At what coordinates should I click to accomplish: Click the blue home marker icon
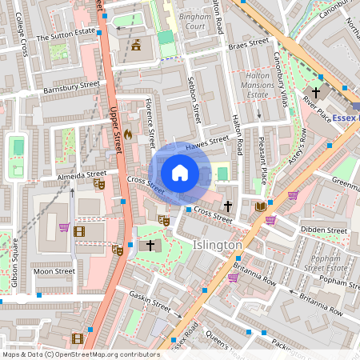tap(180, 173)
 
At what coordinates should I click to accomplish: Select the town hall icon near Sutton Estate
tap(136, 45)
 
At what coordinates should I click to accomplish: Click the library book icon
tap(260, 206)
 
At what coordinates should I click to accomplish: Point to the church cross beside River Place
tap(317, 92)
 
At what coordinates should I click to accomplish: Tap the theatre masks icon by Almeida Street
tap(99, 184)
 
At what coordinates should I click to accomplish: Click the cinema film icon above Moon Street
tap(78, 231)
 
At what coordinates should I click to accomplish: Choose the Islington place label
tap(218, 245)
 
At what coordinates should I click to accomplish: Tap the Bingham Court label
tap(190, 21)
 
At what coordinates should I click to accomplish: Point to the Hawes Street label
tap(202, 146)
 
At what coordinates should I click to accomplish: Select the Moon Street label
tap(54, 271)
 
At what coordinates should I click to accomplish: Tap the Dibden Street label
tap(324, 230)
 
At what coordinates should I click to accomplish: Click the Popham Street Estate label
tap(326, 265)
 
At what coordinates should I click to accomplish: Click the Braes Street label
tap(247, 42)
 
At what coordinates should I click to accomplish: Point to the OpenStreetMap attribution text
tap(80, 354)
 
